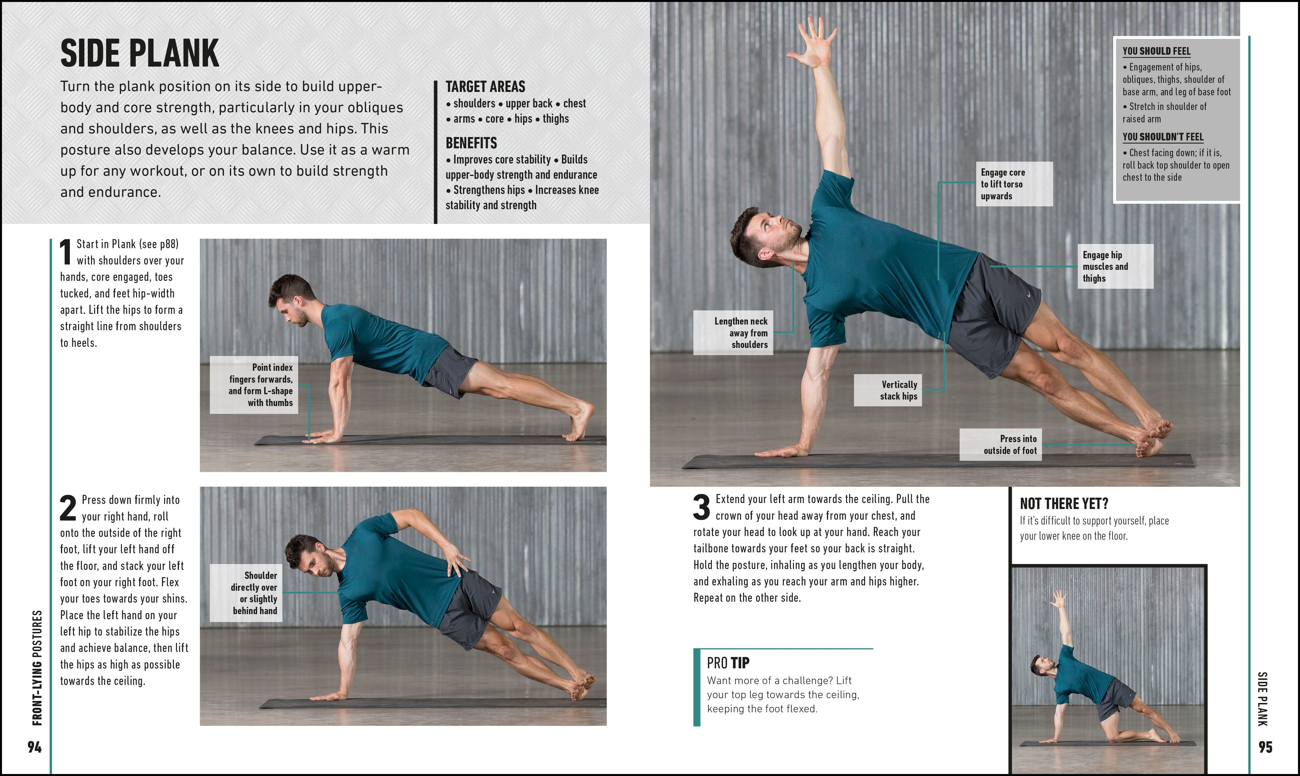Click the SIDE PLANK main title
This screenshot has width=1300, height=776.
pos(140,53)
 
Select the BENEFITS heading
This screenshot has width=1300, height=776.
pos(471,143)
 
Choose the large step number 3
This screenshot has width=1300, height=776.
pos(701,507)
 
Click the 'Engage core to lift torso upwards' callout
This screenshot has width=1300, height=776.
pos(1014,184)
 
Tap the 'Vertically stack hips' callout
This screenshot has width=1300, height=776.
pos(888,390)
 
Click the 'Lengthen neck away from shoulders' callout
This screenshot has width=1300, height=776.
pos(733,333)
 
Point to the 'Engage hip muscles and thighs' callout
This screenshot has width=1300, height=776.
pos(1115,266)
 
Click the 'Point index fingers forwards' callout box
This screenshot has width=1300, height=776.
pos(254,385)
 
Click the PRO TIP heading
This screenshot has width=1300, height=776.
pos(728,663)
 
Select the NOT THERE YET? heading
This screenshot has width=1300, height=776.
pos(1064,504)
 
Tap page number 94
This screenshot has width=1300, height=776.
pos(35,747)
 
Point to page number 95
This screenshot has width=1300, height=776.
pos(1265,747)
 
